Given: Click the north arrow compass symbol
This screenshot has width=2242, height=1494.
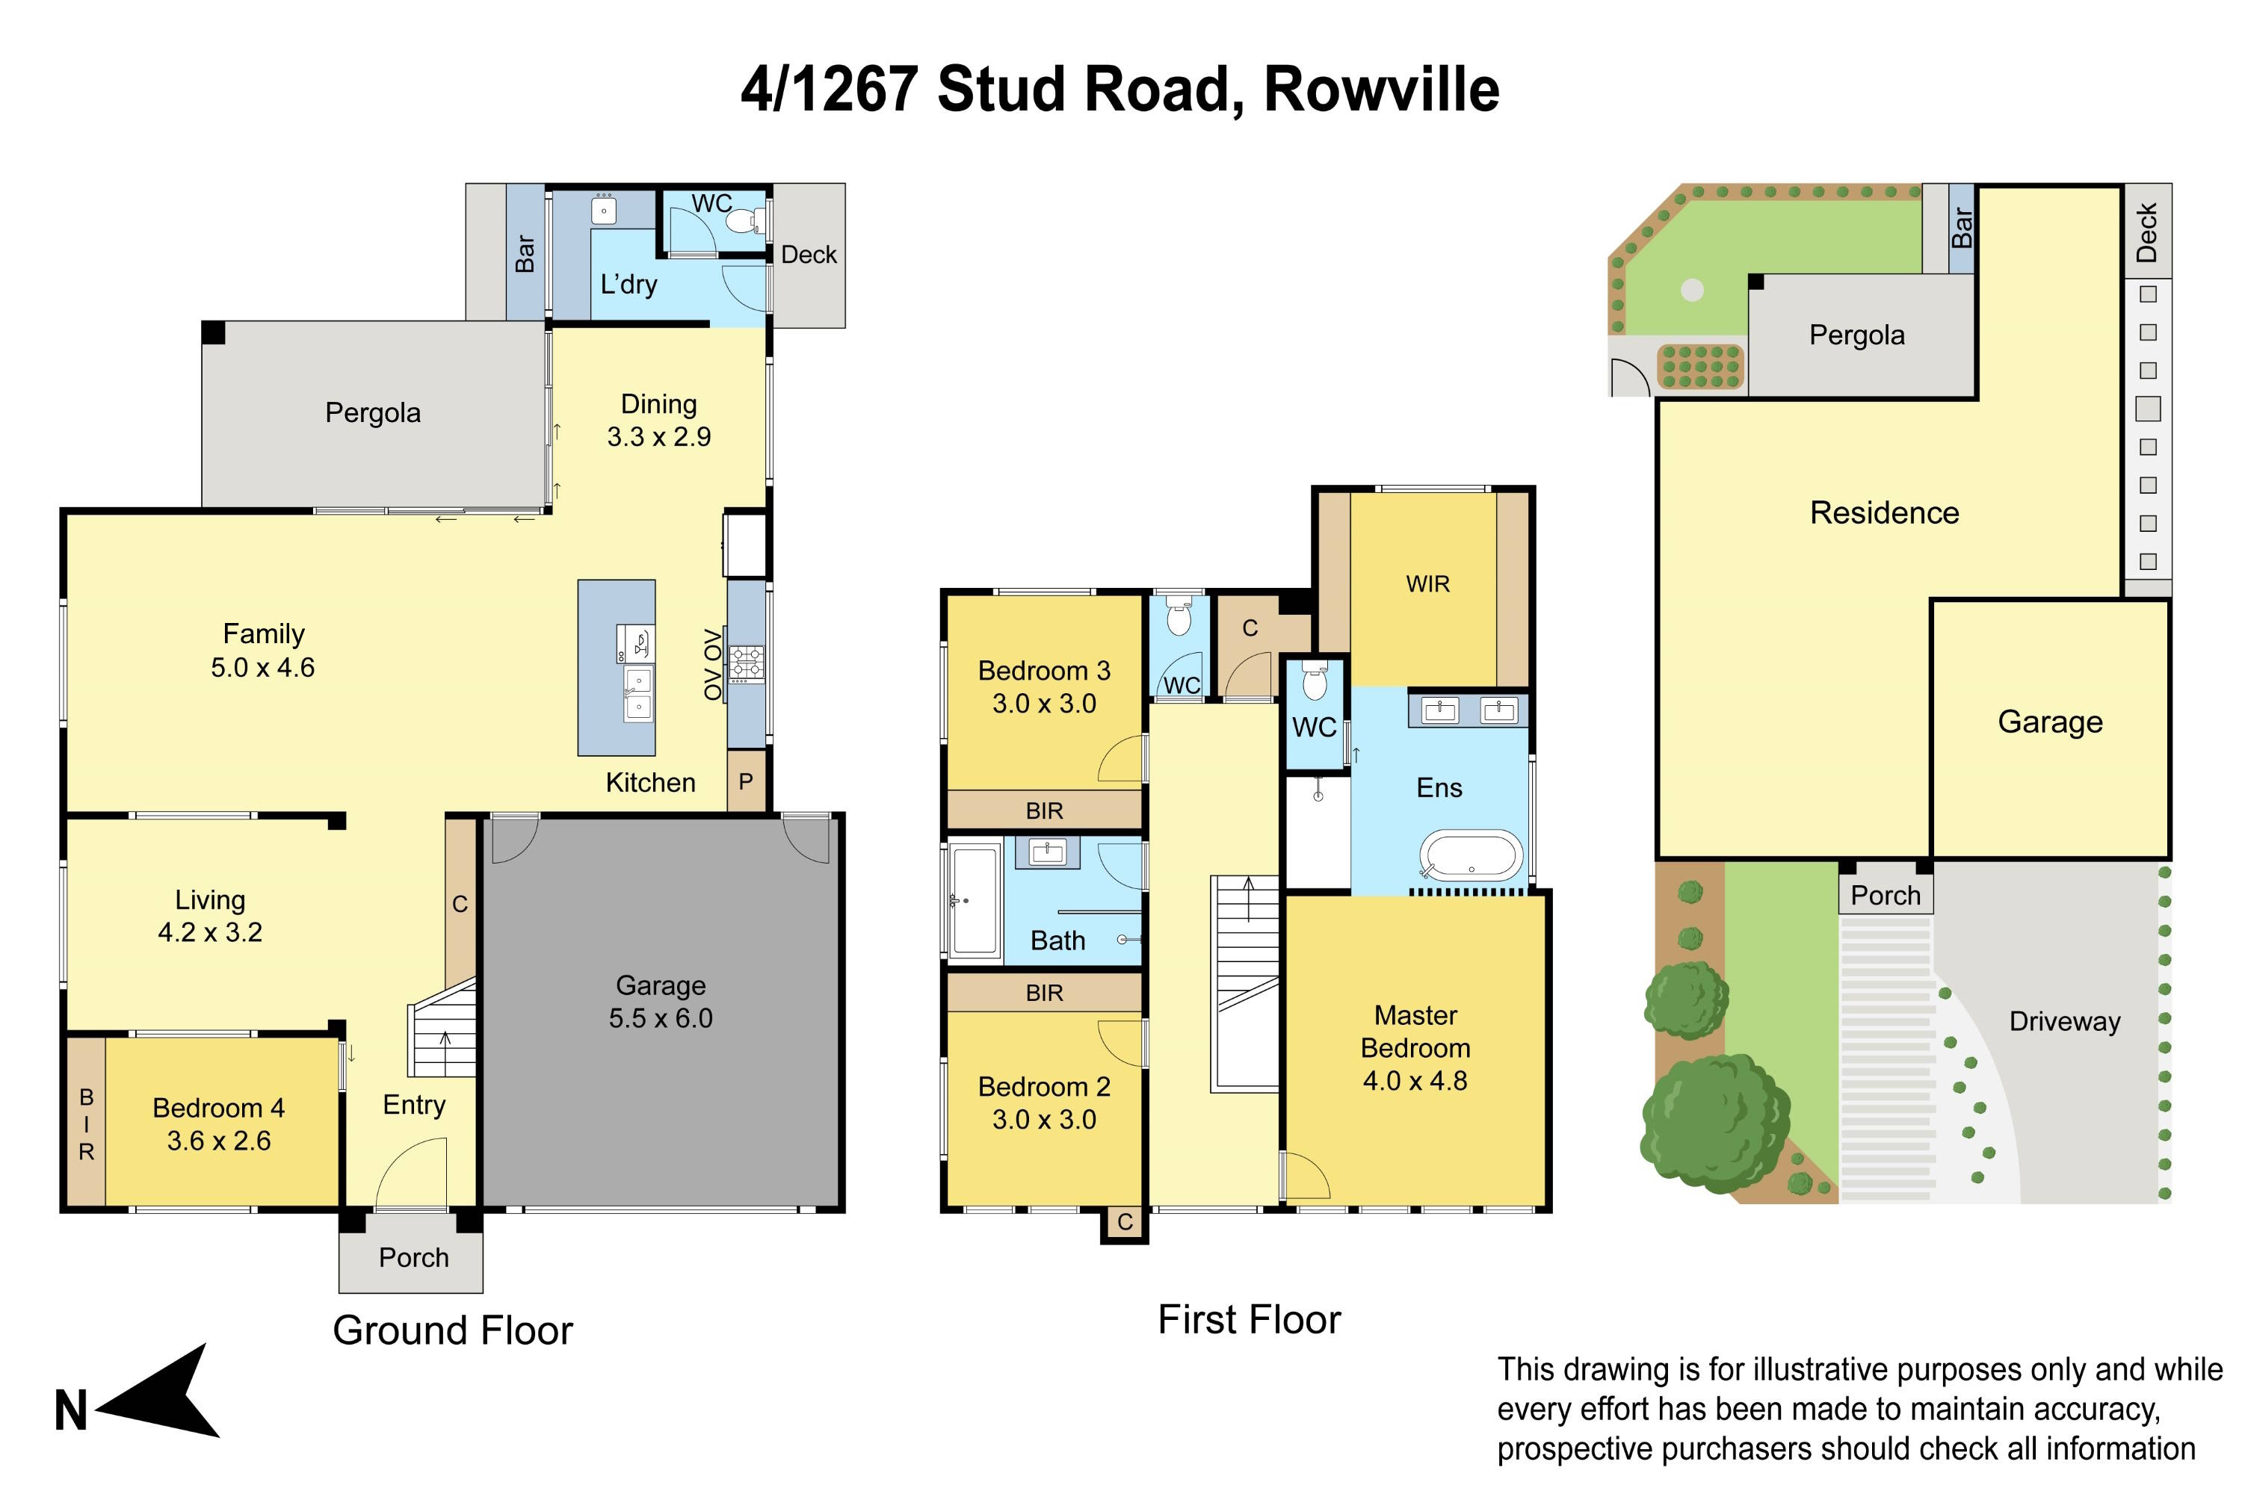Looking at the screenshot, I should (162, 1393).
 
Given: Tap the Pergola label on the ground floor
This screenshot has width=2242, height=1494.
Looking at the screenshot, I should (373, 412).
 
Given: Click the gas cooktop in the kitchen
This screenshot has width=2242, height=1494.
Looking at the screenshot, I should (745, 663).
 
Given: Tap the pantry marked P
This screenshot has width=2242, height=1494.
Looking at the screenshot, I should (745, 781).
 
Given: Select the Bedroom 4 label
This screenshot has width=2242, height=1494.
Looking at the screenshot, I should (218, 1108).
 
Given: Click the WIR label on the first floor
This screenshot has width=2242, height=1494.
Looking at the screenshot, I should (1427, 584).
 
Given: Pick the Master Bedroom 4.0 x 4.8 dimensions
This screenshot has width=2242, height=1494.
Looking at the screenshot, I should (1415, 1080).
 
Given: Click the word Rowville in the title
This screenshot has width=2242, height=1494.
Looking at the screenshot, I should (1381, 90).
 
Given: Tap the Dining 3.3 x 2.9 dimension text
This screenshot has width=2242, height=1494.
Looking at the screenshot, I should (658, 436).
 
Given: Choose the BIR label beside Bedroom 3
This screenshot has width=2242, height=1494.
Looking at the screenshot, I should (1044, 810).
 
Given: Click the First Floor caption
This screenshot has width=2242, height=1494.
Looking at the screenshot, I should (1249, 1320).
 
